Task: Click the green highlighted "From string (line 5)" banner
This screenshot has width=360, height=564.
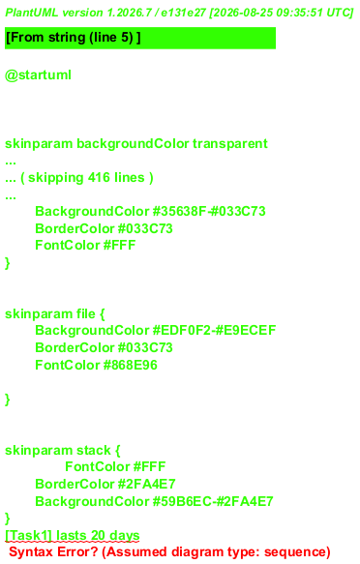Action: (x=140, y=38)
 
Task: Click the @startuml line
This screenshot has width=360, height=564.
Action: (x=38, y=75)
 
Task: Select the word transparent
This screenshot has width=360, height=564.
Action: (x=230, y=144)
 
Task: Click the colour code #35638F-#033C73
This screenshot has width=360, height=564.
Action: (x=209, y=211)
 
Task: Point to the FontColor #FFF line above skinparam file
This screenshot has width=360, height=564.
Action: (x=85, y=246)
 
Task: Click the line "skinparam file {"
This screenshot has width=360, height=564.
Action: (x=55, y=313)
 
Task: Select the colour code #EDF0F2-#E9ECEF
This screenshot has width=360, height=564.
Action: (x=214, y=330)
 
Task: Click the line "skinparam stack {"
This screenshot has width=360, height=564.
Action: (x=63, y=450)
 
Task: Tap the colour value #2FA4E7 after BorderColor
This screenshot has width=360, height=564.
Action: (x=146, y=484)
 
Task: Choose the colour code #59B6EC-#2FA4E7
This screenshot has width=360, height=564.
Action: (x=213, y=501)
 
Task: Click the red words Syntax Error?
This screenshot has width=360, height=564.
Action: (x=53, y=551)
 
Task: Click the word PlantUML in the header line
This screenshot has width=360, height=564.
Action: (x=32, y=13)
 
